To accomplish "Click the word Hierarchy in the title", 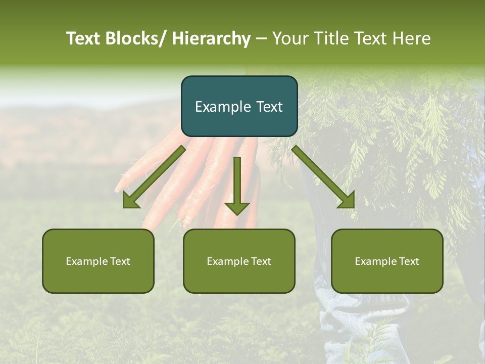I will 211,38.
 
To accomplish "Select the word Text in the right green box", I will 408,261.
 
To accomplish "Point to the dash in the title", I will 261,39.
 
